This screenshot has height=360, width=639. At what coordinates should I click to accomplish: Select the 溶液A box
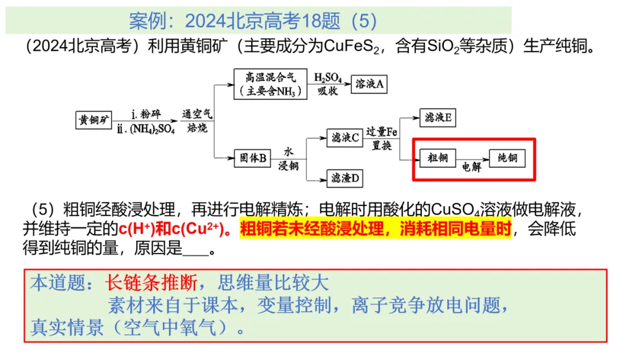[370, 84]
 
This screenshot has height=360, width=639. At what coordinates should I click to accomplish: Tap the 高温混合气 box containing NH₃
[270, 84]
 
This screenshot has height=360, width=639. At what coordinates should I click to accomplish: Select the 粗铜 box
[437, 158]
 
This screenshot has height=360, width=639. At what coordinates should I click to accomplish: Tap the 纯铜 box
[507, 158]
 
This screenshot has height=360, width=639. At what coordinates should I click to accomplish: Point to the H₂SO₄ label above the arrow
[328, 78]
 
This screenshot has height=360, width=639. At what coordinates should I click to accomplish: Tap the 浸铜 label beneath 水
[288, 165]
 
